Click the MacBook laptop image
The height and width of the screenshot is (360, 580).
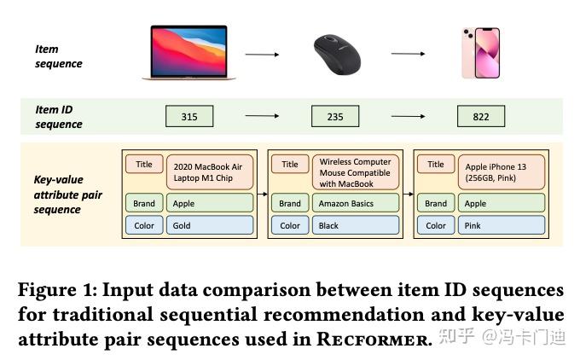188,54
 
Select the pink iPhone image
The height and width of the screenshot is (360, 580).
480,53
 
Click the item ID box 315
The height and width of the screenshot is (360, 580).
189,117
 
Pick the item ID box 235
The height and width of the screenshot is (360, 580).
334,117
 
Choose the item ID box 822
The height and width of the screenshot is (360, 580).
480,117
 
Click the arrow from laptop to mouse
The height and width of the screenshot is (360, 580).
262,55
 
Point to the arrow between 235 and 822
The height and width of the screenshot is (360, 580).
408,117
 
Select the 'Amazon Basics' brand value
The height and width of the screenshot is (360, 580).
357,203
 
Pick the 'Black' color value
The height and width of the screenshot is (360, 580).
357,225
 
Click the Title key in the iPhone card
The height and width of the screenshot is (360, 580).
436,165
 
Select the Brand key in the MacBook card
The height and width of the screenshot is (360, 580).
144,203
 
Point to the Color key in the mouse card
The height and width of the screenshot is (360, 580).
290,225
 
